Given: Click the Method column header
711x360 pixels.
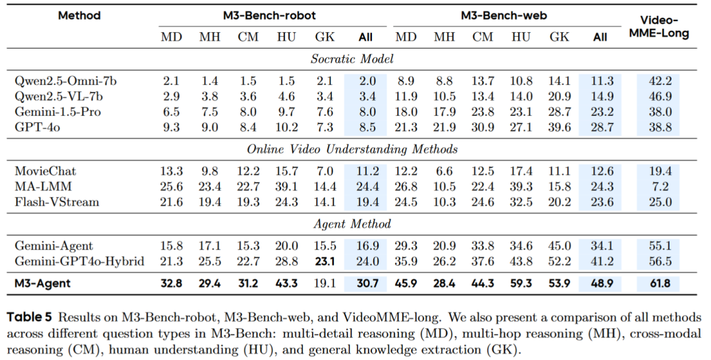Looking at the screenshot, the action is pos(79,15).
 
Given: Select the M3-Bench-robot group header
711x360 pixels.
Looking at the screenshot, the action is pos(269,15).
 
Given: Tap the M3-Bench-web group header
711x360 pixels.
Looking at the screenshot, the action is pos(504,15).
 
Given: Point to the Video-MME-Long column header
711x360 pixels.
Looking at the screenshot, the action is pos(659,27).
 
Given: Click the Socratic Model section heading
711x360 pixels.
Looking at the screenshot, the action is pos(352,59).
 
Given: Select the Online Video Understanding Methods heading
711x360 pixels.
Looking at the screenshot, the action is pos(352,149).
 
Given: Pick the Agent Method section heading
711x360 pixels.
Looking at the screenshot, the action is pos(352,224).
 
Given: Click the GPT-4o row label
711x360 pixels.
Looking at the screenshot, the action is pos(37,128).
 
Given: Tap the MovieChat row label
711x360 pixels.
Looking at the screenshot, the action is pos(45,171).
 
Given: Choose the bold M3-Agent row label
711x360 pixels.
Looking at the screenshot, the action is pos(43,284).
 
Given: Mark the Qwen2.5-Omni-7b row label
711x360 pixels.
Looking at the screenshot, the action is pos(65,81).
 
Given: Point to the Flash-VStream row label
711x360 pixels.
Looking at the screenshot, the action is pos(57,202).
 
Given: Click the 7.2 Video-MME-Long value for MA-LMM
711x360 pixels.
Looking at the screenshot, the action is pos(660,186).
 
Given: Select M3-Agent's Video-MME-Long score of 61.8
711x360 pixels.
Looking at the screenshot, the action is pos(660,284).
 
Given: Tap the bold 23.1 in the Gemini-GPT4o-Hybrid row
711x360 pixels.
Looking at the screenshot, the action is pos(325,261).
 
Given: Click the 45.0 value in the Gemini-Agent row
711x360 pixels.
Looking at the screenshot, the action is pos(560,245).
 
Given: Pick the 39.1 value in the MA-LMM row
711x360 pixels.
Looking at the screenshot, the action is pos(286,186).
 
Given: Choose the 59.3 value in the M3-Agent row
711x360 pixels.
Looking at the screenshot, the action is pos(521,284).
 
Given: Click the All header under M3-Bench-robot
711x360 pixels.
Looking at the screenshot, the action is pos(365,37).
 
